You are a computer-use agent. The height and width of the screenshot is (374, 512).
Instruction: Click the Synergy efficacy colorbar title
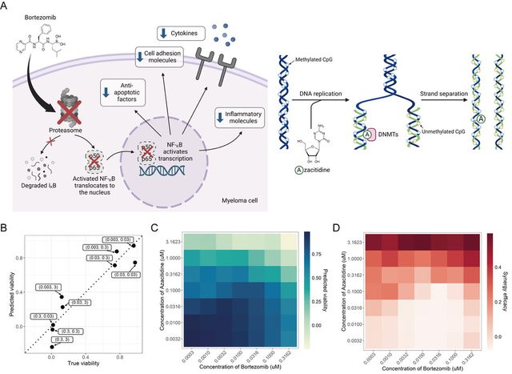[507, 284]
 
